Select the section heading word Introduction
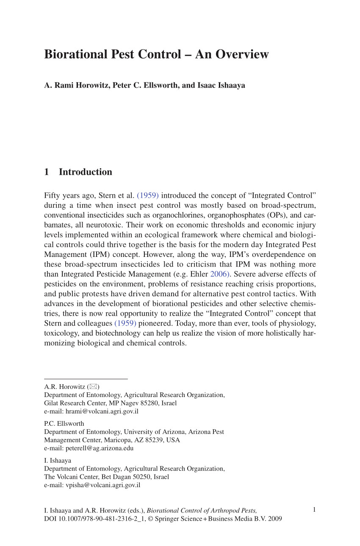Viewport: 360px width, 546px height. [x=86, y=172]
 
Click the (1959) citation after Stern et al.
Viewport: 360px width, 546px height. [x=148, y=196]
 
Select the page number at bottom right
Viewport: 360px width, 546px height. [x=314, y=510]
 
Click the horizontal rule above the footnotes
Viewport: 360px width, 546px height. [x=86, y=379]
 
